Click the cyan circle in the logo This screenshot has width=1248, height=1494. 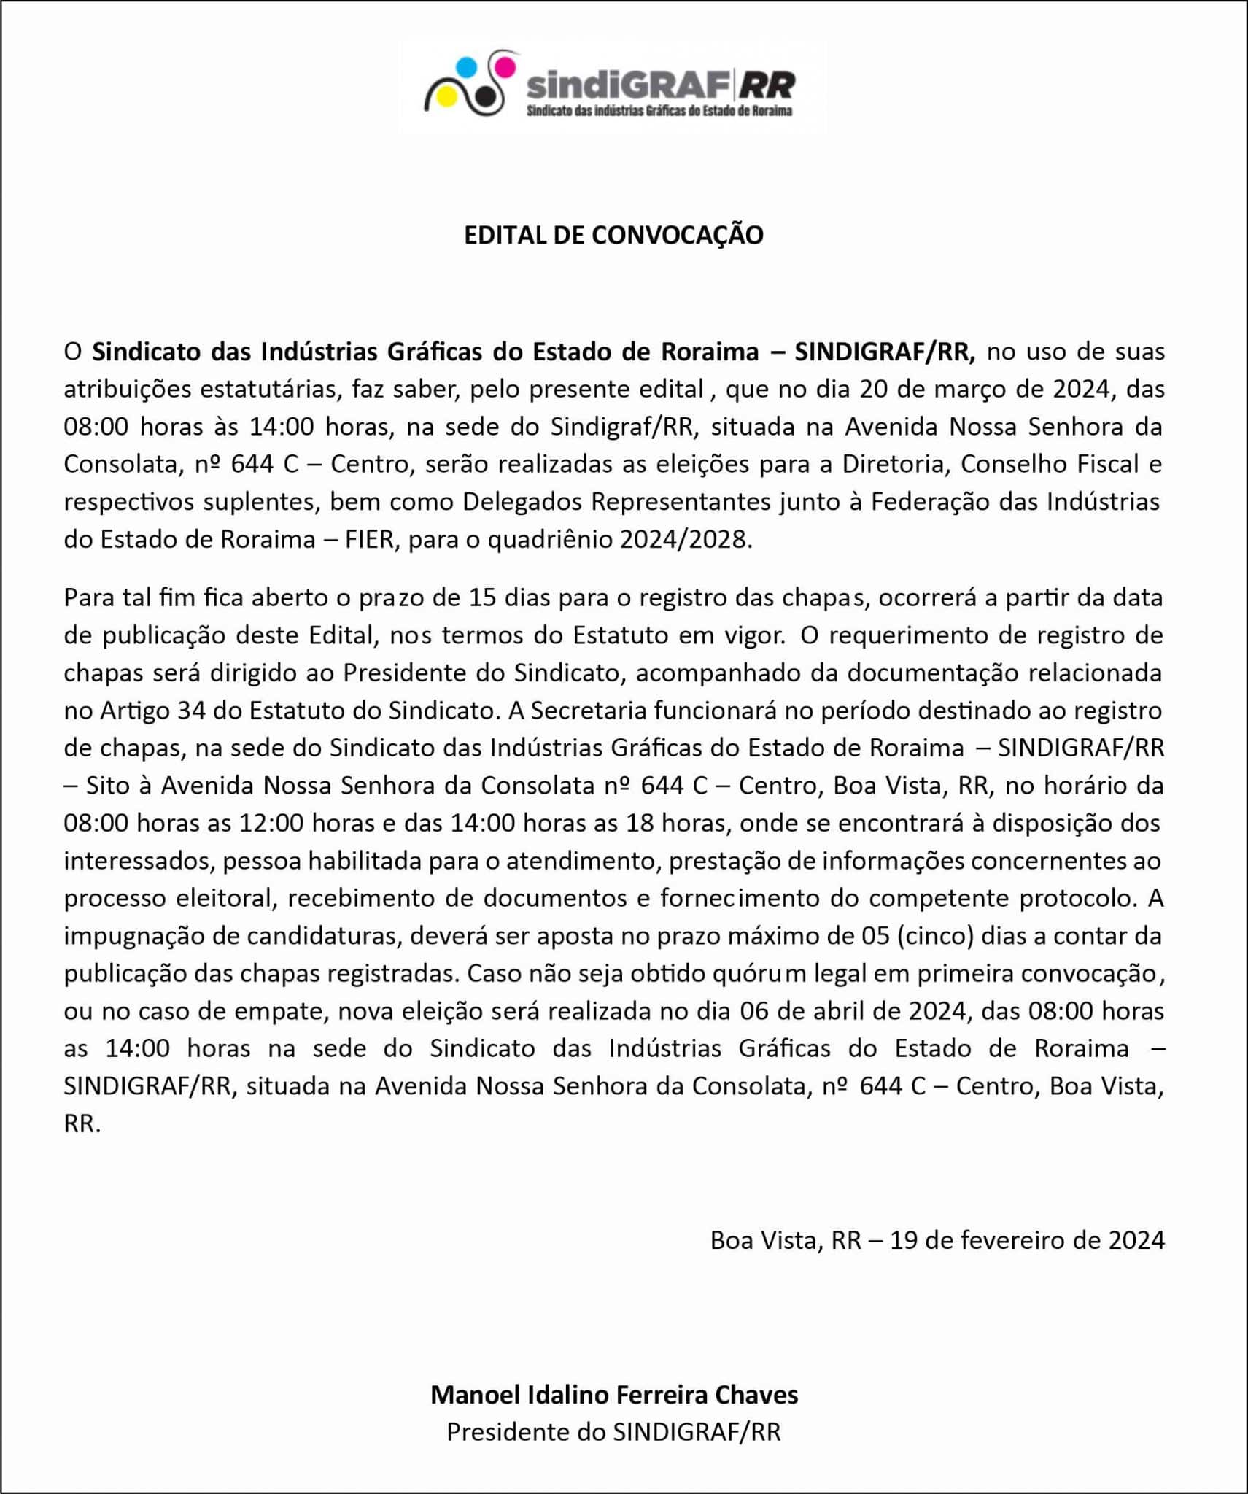[x=466, y=67]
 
